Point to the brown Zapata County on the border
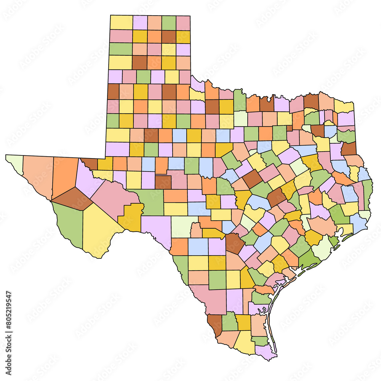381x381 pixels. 215,324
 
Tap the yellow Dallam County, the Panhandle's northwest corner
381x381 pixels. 121,22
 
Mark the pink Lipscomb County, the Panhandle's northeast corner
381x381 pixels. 183,22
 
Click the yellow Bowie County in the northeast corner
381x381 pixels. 344,107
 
